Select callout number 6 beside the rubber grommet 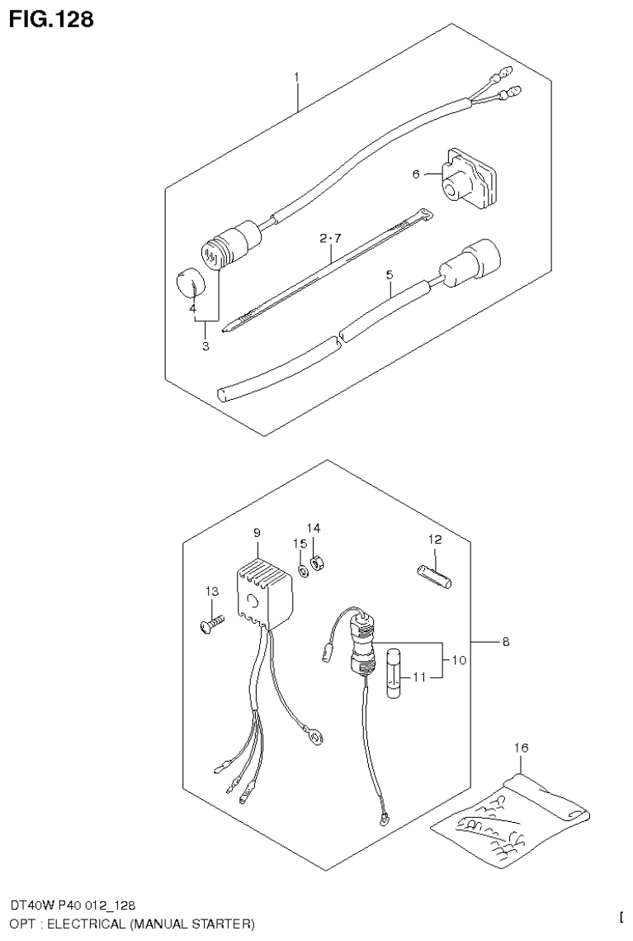click(416, 174)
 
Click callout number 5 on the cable click(389, 274)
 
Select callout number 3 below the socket click(205, 347)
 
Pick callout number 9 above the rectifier click(257, 533)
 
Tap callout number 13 click(212, 591)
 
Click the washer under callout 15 click(304, 569)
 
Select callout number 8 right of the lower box click(505, 641)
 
